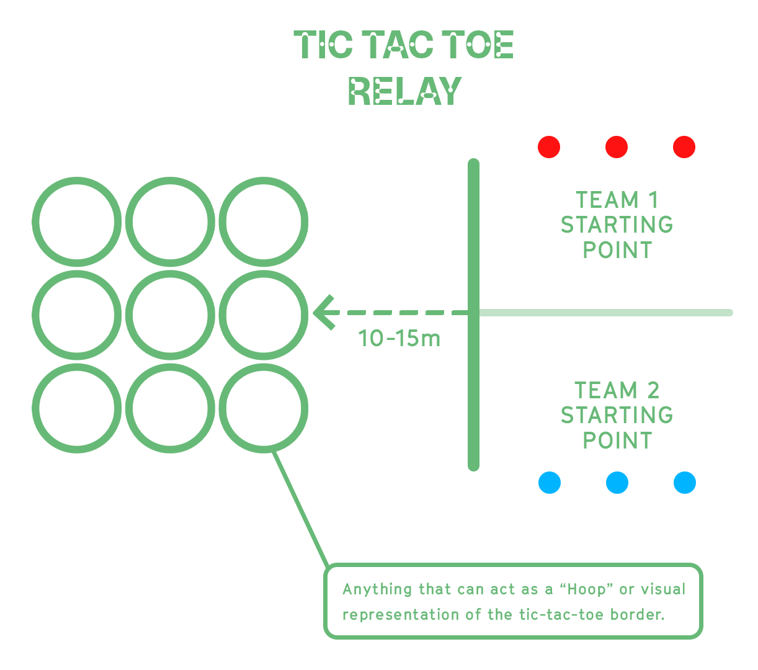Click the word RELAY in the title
pyautogui.click(x=405, y=91)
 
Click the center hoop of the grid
pyautogui.click(x=170, y=315)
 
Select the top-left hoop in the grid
pyautogui.click(x=77, y=222)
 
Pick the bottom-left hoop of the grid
pyautogui.click(x=77, y=408)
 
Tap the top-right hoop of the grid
pyautogui.click(x=264, y=222)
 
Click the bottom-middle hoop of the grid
pyautogui.click(x=170, y=408)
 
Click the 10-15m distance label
pyautogui.click(x=399, y=339)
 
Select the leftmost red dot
pyautogui.click(x=549, y=147)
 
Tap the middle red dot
pyautogui.click(x=617, y=147)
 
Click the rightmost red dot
pyautogui.click(x=684, y=147)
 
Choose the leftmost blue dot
pyautogui.click(x=550, y=482)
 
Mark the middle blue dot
pyautogui.click(x=617, y=482)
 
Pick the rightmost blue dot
pyautogui.click(x=685, y=482)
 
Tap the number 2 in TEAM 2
pyautogui.click(x=653, y=390)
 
